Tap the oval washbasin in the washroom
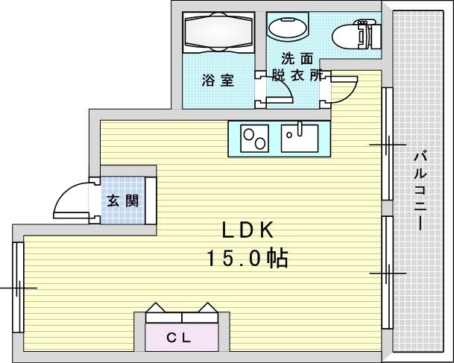click(x=288, y=28)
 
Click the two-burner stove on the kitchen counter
click(x=254, y=139)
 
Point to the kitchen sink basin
click(x=300, y=139)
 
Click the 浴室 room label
click(x=218, y=81)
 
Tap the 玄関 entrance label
click(x=123, y=201)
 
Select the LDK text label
click(x=248, y=230)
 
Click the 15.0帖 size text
click(x=248, y=258)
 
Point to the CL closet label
click(x=179, y=338)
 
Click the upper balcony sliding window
click(x=387, y=144)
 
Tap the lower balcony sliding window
click(x=387, y=273)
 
